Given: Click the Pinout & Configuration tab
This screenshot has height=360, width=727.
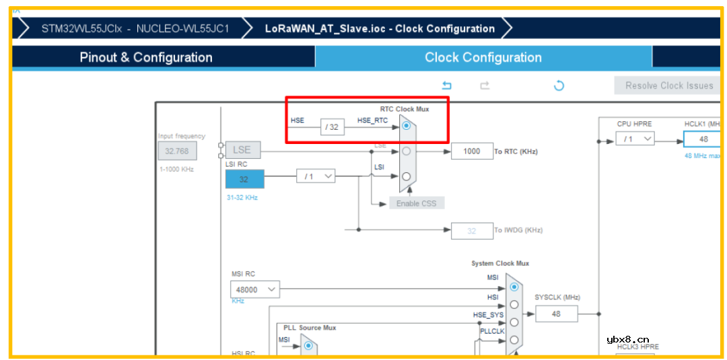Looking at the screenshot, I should [x=146, y=57].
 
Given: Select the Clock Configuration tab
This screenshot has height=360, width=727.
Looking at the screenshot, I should [x=483, y=57].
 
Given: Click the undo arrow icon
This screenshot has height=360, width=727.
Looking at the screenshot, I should [x=446, y=85].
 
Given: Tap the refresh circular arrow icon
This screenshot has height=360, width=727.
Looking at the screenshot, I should [x=558, y=85].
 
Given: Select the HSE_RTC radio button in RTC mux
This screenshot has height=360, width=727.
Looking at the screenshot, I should [x=406, y=126].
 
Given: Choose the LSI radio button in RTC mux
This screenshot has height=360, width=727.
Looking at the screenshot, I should [x=406, y=176].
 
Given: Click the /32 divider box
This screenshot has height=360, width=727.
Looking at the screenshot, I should [x=332, y=127].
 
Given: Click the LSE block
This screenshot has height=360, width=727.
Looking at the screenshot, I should [x=242, y=149].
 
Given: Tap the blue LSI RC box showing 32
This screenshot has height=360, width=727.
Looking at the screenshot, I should [x=244, y=179].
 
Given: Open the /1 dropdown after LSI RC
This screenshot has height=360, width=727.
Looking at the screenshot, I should [x=316, y=176].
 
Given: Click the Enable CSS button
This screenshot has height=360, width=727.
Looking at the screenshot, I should [x=417, y=203].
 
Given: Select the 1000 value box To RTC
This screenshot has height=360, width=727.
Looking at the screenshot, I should [x=471, y=151].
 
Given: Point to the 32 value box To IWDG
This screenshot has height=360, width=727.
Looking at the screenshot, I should [x=471, y=231].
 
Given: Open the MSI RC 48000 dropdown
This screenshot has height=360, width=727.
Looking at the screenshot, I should [x=254, y=289].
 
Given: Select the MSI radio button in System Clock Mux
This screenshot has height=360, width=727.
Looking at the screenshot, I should [x=514, y=287].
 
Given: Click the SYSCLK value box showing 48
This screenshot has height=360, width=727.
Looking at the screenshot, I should [x=556, y=314].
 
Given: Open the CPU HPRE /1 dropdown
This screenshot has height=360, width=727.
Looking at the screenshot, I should [x=635, y=139].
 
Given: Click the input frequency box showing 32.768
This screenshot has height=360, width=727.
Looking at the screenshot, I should [x=177, y=151].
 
